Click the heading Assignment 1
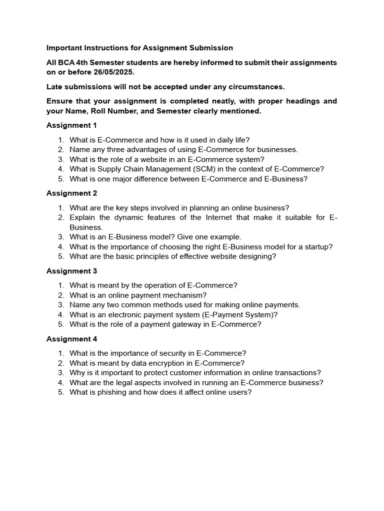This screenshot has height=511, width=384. [x=71, y=125]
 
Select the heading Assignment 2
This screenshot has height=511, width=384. [x=71, y=193]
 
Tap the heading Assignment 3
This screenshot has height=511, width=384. [x=71, y=271]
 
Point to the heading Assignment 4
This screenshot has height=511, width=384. [x=71, y=339]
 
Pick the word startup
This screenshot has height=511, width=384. [x=318, y=247]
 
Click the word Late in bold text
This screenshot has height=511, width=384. [x=54, y=87]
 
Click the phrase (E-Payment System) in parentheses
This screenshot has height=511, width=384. [x=238, y=315]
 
